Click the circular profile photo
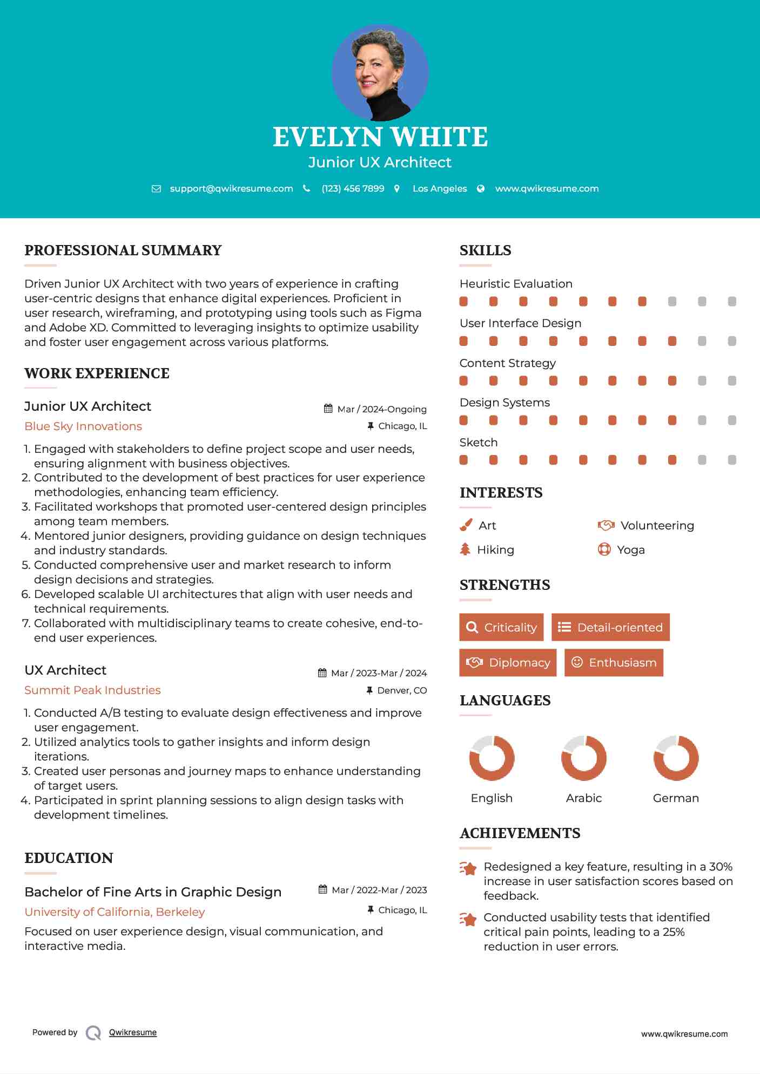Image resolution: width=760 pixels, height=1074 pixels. (380, 73)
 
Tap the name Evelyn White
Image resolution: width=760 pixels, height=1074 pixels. (380, 137)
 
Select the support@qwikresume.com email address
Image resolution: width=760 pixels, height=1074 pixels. (231, 188)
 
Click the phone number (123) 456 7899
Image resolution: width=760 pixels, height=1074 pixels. (353, 188)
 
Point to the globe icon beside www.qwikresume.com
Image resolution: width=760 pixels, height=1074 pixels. (481, 188)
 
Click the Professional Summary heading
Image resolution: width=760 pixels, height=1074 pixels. (123, 250)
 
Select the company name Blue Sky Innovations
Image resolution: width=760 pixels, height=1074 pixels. (83, 426)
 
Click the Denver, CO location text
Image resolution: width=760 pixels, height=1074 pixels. (402, 690)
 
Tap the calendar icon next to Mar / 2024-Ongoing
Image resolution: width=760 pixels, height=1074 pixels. (328, 409)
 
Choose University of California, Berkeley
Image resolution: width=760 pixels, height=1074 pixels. (115, 912)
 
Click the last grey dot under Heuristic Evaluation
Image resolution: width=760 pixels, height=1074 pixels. (732, 302)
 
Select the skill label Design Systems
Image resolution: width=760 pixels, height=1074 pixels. (505, 403)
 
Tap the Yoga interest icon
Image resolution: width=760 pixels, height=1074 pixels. (604, 549)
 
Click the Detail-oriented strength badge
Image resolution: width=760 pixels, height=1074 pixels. (610, 627)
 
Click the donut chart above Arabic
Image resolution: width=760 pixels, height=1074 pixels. (583, 758)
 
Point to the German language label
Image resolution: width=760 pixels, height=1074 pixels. (676, 798)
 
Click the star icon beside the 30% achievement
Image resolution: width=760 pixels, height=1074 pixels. (468, 868)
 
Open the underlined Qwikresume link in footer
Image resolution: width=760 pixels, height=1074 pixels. (133, 1032)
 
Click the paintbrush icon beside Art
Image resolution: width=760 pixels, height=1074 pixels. (466, 525)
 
